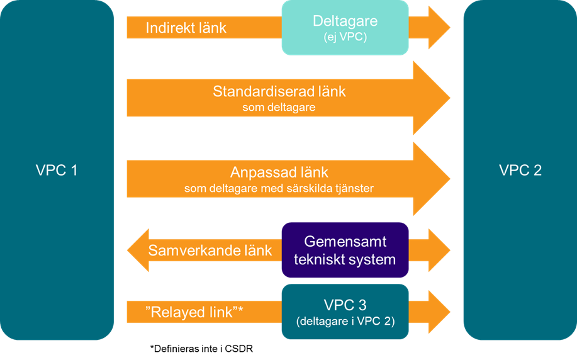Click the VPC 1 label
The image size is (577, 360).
point(57,170)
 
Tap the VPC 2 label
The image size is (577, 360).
point(520,170)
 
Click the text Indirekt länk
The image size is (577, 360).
point(186,28)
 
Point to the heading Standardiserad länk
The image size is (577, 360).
point(279,91)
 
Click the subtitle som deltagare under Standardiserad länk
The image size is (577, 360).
point(279,108)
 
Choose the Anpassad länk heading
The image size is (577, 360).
point(279,172)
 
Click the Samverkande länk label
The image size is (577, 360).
point(210,250)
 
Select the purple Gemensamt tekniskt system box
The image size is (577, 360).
point(345,250)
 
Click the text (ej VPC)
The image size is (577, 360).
point(345,37)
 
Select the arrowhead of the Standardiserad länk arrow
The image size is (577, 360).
point(431,98)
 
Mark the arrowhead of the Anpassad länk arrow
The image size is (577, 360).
point(431,179)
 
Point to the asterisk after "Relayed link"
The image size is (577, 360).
point(240,308)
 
